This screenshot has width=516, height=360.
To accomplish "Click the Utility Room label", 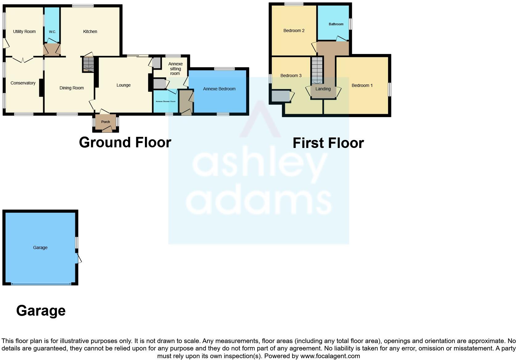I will (x=24, y=31).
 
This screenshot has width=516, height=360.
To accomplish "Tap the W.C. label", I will (x=52, y=32).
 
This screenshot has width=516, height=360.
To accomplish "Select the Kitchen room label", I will (x=90, y=31).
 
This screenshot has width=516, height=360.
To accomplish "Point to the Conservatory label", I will (x=23, y=83).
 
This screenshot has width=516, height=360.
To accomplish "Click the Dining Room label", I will (x=72, y=88).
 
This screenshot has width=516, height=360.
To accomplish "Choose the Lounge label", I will (x=123, y=85).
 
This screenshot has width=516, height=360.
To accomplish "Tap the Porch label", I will (x=105, y=122).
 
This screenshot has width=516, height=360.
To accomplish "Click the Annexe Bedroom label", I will (x=219, y=89).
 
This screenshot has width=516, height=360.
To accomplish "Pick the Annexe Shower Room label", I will (x=165, y=101).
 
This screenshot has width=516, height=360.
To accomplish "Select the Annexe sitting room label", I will (x=175, y=68).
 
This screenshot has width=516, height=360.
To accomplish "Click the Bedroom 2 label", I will (x=294, y=31).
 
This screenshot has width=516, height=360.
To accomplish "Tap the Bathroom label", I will (x=336, y=24).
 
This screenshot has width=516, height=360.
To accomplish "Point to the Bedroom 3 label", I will (x=291, y=76).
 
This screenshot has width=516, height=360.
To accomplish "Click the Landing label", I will (x=323, y=89).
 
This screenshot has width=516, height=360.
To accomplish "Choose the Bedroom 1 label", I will (x=362, y=85).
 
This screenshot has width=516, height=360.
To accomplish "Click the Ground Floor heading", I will (x=125, y=142).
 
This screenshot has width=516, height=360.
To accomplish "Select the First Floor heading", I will (x=328, y=143).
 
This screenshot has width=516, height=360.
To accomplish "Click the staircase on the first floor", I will (x=317, y=70).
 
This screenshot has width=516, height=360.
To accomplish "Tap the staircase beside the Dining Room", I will (x=88, y=64).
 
